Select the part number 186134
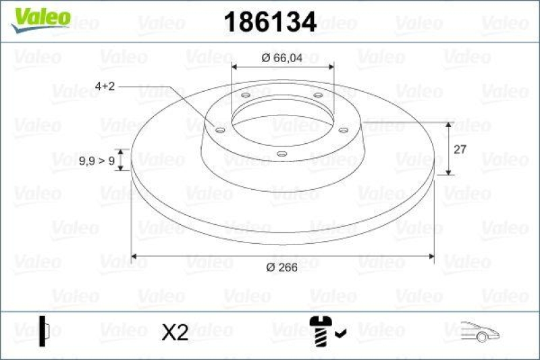click(270, 22)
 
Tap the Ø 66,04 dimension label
click(283, 58)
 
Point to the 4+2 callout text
click(106, 86)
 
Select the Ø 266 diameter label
click(281, 267)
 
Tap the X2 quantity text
click(175, 332)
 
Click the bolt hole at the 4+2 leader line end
click(219, 129)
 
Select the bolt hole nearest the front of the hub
click(282, 155)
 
